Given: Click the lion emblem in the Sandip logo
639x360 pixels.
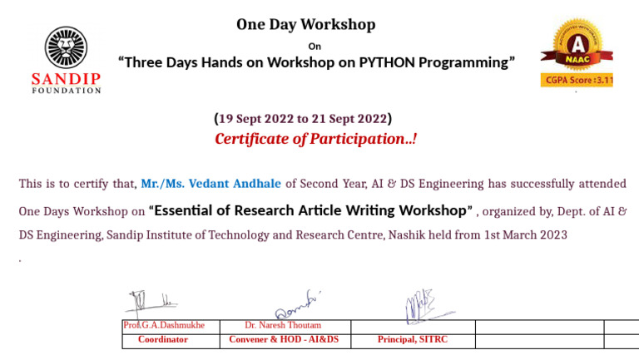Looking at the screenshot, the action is pyautogui.click(x=66, y=47).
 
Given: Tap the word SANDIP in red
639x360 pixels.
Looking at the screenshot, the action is pyautogui.click(x=66, y=79).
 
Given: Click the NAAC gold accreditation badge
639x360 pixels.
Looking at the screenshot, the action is pyautogui.click(x=577, y=45).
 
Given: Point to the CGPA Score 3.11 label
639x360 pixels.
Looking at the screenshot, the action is pyautogui.click(x=577, y=80).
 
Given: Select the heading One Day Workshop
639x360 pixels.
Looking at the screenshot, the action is pyautogui.click(x=306, y=24).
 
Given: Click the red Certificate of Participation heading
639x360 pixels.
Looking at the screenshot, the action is pyautogui.click(x=316, y=139).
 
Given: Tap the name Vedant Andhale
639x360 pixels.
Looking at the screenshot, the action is pyautogui.click(x=235, y=184).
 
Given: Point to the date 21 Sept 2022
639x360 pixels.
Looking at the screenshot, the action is pyautogui.click(x=349, y=119).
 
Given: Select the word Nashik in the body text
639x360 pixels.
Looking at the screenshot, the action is pyautogui.click(x=406, y=235).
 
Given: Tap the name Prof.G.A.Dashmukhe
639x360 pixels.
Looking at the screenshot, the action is pyautogui.click(x=164, y=325).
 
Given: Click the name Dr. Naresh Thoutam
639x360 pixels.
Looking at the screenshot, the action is pyautogui.click(x=283, y=325).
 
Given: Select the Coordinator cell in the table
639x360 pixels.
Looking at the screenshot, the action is pyautogui.click(x=163, y=339).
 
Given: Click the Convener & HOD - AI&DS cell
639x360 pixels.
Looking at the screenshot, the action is pyautogui.click(x=284, y=339).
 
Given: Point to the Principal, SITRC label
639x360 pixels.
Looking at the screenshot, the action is pyautogui.click(x=413, y=339).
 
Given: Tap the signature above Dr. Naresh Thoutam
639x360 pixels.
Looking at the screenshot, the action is pyautogui.click(x=297, y=304).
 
